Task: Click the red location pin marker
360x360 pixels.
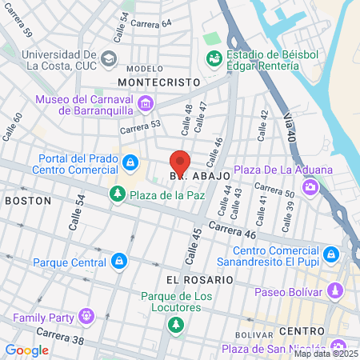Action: coord(180,161)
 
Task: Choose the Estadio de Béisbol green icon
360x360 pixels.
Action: coord(214,58)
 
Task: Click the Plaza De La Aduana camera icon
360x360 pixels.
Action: coord(310,187)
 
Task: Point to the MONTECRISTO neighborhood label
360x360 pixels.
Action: coord(158,82)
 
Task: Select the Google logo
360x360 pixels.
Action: coord(26,350)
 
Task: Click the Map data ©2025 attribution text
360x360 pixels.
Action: coord(327,353)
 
